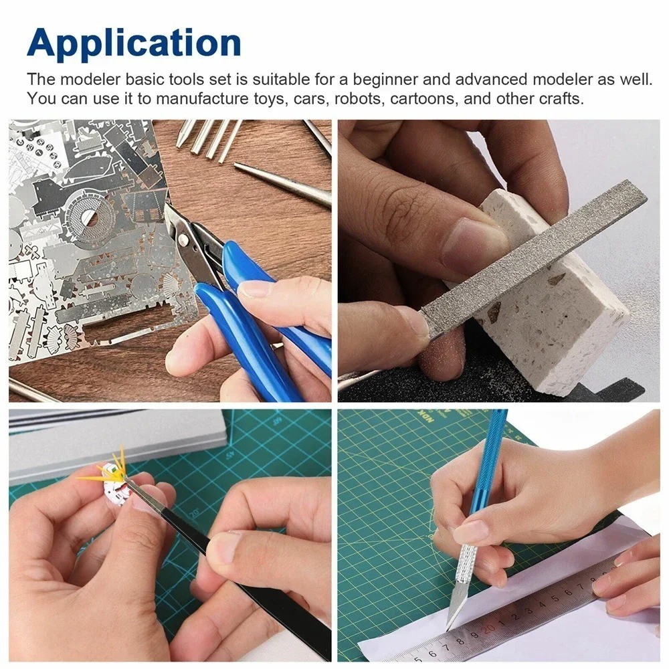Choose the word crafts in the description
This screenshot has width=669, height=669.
(x=562, y=99)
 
